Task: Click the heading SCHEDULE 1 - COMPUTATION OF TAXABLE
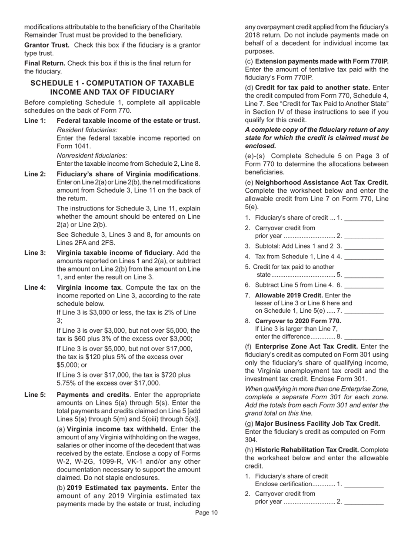[112, 83]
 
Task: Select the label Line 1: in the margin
[35, 121]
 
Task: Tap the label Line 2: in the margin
[35, 174]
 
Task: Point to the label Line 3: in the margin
[35, 253]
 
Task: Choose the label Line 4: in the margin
[35, 288]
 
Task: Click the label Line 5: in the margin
[35, 395]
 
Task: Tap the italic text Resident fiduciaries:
[87, 130]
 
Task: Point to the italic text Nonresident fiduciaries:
[92, 156]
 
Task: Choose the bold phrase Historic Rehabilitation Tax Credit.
[307, 450]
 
